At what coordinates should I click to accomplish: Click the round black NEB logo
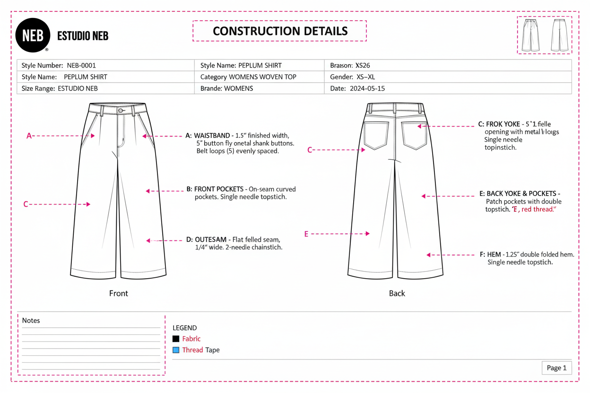click(33, 35)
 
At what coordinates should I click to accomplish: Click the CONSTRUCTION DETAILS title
click(280, 31)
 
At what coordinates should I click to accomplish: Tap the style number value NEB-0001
click(81, 65)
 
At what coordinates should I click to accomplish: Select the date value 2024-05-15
click(367, 88)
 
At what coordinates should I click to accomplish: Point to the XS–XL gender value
click(365, 77)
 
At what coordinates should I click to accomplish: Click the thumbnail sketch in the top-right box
click(544, 35)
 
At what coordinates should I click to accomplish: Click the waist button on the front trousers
click(121, 111)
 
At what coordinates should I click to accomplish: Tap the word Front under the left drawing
click(118, 293)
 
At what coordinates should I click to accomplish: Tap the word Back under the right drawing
click(397, 293)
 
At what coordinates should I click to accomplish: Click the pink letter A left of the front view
click(29, 136)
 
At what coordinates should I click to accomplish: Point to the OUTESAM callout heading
click(210, 239)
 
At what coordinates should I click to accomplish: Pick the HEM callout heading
click(494, 255)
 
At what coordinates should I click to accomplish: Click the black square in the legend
click(176, 339)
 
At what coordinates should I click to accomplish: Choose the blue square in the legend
click(176, 350)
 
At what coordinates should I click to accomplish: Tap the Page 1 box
click(556, 368)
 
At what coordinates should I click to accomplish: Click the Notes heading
click(31, 320)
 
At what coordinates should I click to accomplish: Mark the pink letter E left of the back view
click(306, 234)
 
